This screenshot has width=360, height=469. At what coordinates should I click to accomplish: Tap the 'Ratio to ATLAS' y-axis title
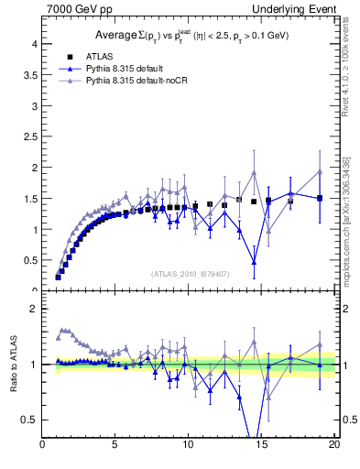(x=13, y=365)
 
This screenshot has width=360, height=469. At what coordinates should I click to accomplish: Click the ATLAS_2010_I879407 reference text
(x=191, y=273)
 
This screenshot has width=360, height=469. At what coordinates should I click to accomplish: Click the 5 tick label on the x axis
(x=115, y=446)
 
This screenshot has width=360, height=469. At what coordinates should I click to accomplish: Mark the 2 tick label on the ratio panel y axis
(x=33, y=309)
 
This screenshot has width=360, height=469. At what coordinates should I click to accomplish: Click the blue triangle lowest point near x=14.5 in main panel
(x=254, y=263)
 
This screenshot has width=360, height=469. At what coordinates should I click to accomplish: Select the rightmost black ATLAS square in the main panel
(x=320, y=198)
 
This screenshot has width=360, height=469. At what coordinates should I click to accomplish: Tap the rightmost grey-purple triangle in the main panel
(x=320, y=172)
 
